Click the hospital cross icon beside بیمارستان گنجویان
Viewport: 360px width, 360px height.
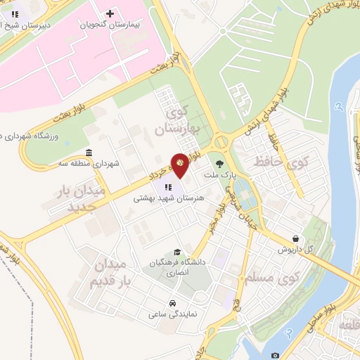(x=110, y=13)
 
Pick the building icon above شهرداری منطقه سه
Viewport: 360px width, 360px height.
(x=89, y=153)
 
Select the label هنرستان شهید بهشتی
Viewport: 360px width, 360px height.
(x=169, y=199)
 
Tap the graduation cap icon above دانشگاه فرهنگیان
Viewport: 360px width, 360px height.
(x=178, y=252)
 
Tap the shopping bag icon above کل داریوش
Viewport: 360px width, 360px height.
(x=298, y=238)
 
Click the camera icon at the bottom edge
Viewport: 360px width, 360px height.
(x=275, y=355)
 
